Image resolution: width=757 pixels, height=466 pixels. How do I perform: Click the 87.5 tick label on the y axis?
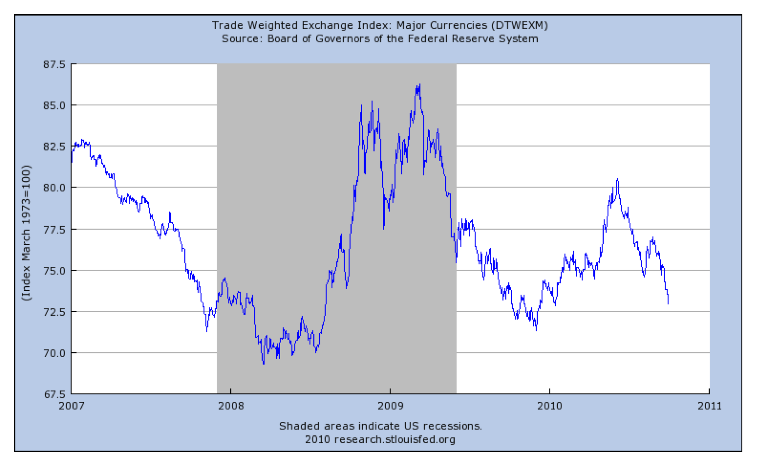54,64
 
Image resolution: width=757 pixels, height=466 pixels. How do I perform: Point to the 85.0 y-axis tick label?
54,106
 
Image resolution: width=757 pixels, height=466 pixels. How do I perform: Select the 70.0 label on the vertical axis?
54,353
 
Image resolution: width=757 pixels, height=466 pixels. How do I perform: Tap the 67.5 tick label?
54,394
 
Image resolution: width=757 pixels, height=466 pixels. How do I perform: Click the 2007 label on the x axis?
72,406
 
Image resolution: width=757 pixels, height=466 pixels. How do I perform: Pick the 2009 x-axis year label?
390,406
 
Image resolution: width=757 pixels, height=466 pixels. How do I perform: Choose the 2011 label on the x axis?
709,406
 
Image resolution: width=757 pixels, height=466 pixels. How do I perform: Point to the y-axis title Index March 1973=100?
27,233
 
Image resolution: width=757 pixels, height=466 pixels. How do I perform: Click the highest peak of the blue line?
419,84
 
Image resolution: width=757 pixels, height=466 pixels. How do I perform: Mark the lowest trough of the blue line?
264,364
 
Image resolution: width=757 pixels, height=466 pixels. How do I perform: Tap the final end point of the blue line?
668,303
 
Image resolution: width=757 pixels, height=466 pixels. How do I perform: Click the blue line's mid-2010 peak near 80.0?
618,179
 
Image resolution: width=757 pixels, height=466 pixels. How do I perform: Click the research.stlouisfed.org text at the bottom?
395,439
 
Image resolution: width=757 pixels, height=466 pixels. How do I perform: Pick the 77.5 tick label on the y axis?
54,229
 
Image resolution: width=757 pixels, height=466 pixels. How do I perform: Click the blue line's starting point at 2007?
72,162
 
